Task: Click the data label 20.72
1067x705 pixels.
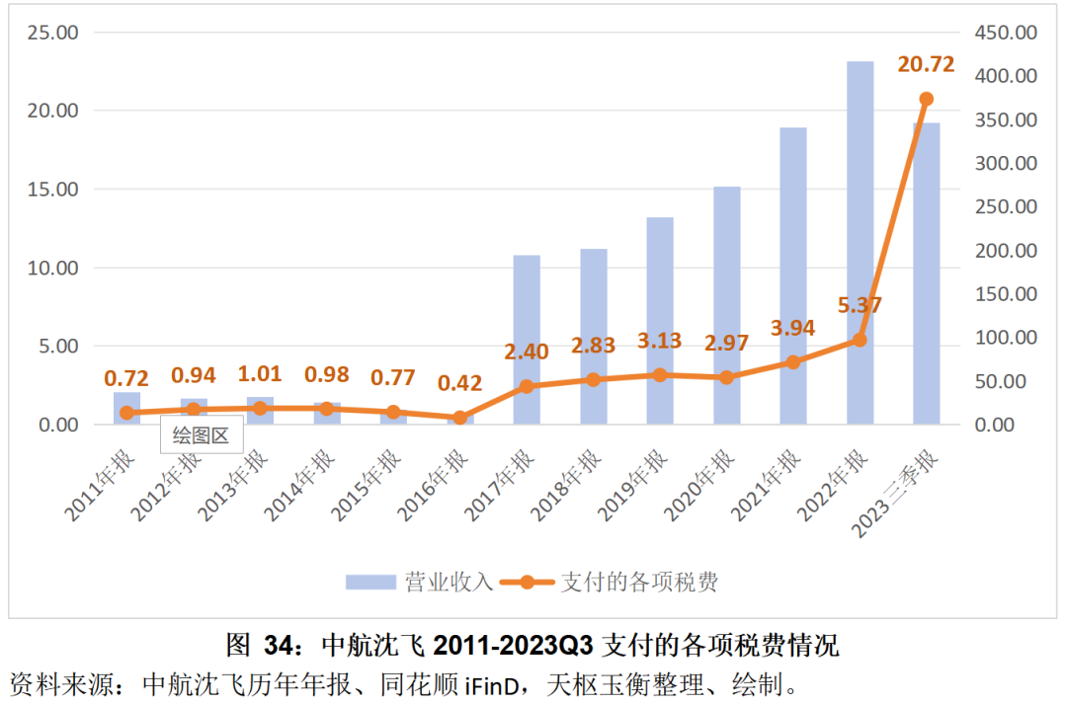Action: [926, 65]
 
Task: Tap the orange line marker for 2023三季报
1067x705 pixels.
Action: [926, 99]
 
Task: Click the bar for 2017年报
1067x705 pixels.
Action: [527, 340]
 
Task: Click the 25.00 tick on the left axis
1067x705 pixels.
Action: [52, 33]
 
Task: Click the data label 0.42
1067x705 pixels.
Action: [459, 382]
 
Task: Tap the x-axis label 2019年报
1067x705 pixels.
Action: [636, 483]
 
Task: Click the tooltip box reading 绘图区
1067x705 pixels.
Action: [201, 435]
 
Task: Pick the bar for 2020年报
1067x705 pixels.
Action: [726, 305]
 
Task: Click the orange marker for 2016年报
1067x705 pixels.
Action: [459, 418]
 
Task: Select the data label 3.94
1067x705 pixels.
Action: [791, 328]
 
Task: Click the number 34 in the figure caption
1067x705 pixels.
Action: [277, 647]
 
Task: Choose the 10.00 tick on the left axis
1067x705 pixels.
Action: [52, 268]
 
